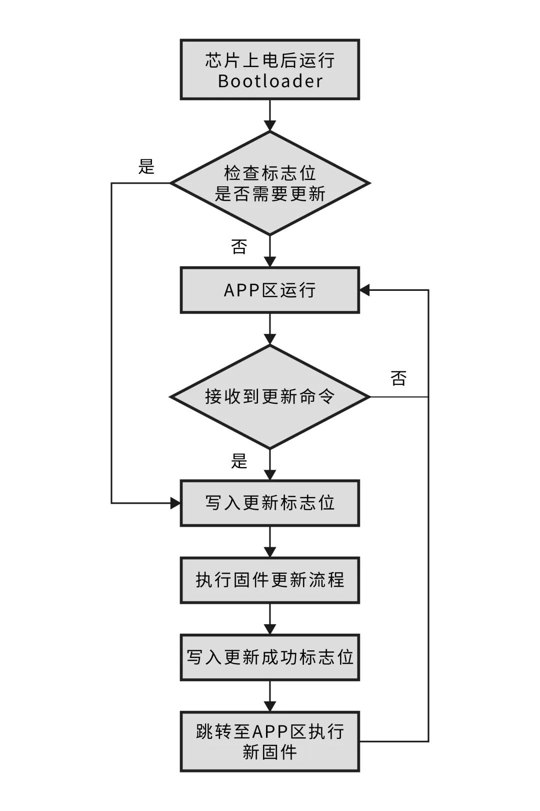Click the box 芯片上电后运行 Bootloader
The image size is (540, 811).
coord(269,70)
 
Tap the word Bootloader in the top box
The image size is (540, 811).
coord(270,81)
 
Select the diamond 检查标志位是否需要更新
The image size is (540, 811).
coord(270,183)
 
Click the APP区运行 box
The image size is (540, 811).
coord(269,290)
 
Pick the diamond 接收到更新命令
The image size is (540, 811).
coord(270,397)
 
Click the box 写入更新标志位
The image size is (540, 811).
coord(269,503)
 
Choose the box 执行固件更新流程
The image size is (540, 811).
coord(269,580)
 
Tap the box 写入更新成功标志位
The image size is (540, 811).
coord(269,657)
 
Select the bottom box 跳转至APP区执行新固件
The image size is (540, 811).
coord(269,741)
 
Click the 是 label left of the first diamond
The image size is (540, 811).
coord(146,167)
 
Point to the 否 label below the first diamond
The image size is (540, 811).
coord(239,246)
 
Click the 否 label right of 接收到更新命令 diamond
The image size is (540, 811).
coord(398,378)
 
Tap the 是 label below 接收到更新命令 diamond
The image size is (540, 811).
coord(239,461)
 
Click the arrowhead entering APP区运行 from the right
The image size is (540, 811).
coord(364,290)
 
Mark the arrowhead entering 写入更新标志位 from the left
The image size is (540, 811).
coord(175,503)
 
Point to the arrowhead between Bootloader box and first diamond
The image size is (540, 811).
coord(270,125)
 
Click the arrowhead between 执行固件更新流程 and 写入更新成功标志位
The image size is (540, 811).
coord(270,629)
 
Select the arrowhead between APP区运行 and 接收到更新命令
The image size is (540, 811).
coord(270,339)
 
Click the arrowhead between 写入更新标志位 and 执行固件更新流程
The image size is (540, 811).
coord(270,552)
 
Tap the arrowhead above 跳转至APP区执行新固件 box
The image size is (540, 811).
coord(270,706)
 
